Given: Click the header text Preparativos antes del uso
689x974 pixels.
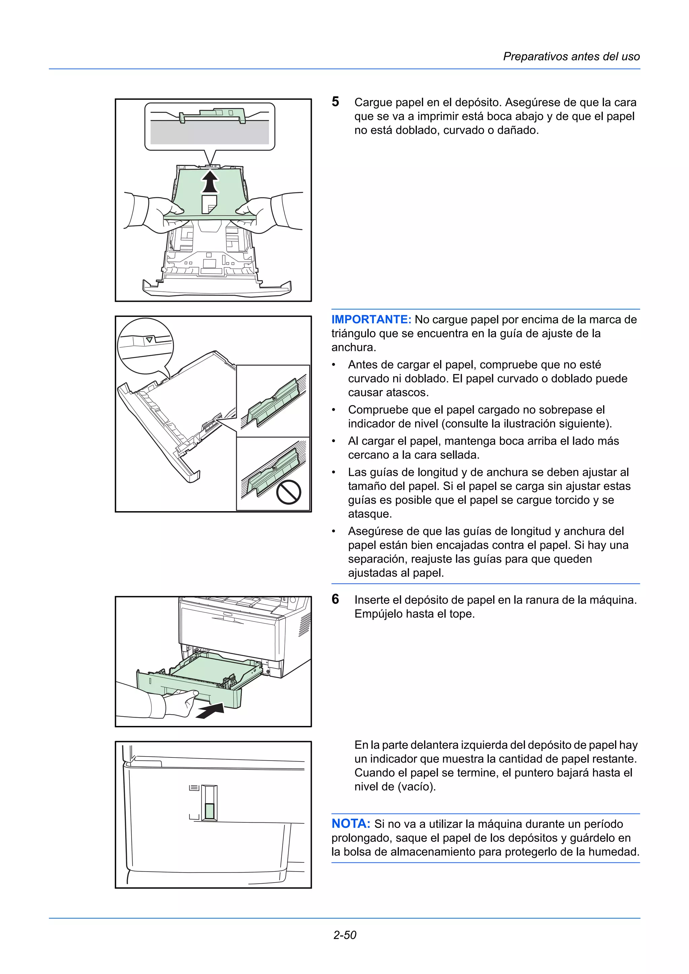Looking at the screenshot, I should (571, 56).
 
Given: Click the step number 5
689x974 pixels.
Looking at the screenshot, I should (335, 102).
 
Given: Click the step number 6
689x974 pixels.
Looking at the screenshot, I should (335, 599).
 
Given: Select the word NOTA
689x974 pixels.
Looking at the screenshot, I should (351, 824).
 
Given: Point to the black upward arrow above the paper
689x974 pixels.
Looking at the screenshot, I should (210, 181).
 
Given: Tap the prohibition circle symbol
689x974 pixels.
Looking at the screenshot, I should (289, 492).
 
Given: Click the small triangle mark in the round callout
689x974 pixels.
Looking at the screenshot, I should (149, 340).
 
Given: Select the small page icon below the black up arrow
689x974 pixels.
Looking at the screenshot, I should (209, 204).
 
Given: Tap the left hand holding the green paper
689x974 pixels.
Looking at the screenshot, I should (161, 212).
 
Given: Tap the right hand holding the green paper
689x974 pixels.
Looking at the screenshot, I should (257, 212).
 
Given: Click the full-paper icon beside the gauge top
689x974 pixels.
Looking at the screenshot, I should (194, 788).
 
